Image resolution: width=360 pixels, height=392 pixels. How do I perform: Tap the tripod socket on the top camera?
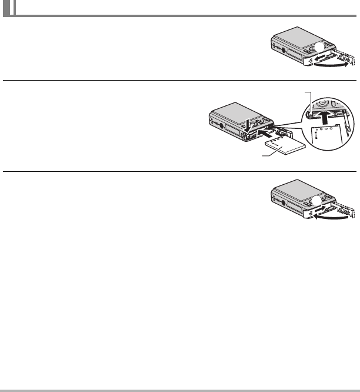coord(285,51)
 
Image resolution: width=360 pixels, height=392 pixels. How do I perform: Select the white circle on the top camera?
coord(318,48)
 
